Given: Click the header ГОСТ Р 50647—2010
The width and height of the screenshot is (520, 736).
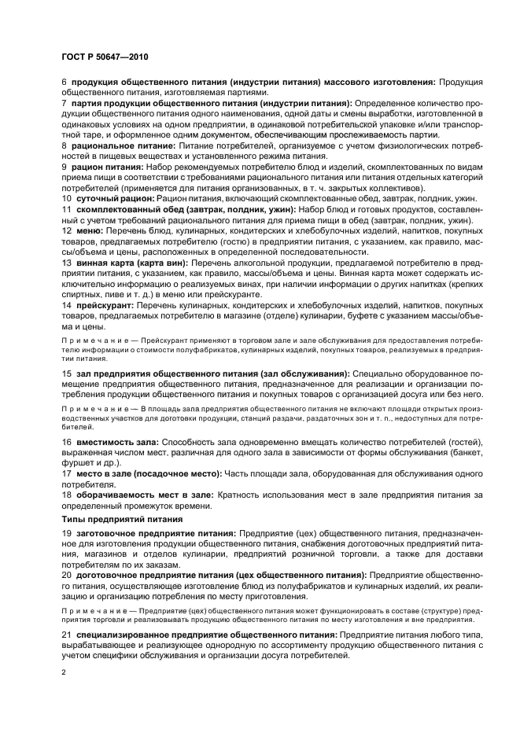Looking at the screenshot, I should click(105, 57).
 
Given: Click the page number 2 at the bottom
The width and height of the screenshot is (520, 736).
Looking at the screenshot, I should click(64, 673).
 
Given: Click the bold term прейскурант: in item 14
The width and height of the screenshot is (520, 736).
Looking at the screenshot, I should click(105, 304).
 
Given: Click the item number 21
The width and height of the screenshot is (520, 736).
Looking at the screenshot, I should click(66, 634).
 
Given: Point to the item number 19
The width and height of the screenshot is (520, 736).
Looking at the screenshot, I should click(66, 533).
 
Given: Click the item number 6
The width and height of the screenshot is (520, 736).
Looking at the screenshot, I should click(64, 82).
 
